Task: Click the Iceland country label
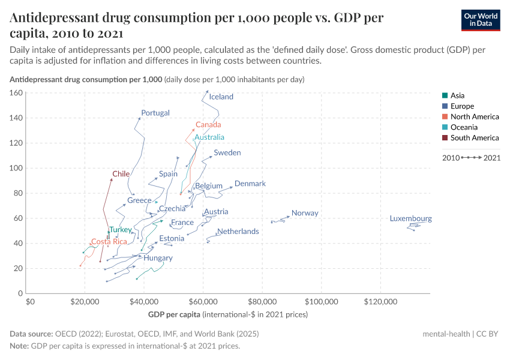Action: point(221,97)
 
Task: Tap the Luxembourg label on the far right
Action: point(410,219)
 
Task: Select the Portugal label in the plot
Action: point(155,113)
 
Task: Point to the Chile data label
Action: point(121,174)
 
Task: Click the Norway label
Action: point(305,213)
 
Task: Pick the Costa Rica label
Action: point(109,242)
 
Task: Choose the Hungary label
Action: point(158,258)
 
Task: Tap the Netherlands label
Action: point(238,232)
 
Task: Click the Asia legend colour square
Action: point(444,95)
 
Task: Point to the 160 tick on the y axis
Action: point(16,93)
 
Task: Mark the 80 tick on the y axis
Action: point(19,193)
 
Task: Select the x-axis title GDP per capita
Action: point(174,314)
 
